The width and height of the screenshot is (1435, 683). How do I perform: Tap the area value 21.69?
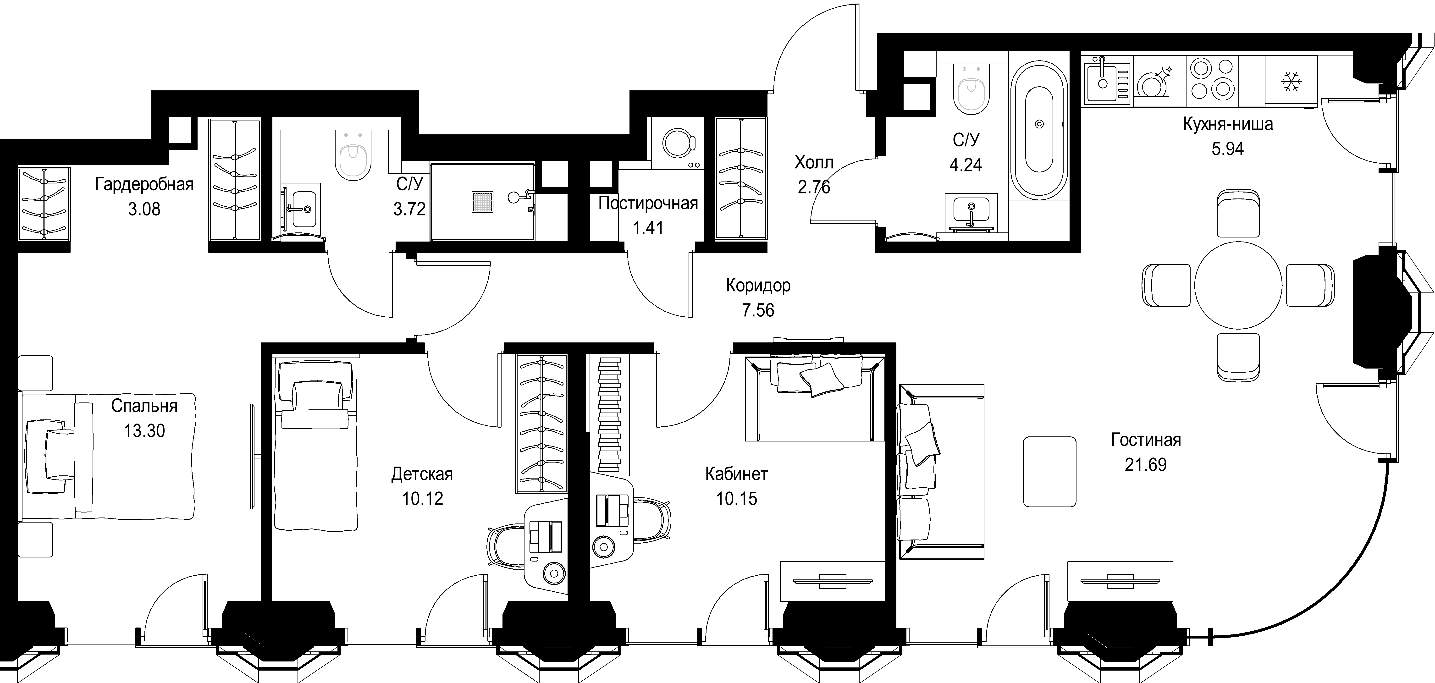pyautogui.click(x=1145, y=465)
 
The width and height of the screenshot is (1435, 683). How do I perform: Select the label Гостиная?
pyautogui.click(x=1146, y=440)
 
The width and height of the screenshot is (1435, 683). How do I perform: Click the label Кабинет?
pyautogui.click(x=736, y=474)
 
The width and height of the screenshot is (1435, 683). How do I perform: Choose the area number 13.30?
pyautogui.click(x=144, y=431)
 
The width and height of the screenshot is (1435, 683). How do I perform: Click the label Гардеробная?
pyautogui.click(x=144, y=184)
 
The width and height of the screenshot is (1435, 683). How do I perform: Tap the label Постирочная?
pyautogui.click(x=648, y=203)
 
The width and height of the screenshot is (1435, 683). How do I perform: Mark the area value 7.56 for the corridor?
pyautogui.click(x=758, y=310)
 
